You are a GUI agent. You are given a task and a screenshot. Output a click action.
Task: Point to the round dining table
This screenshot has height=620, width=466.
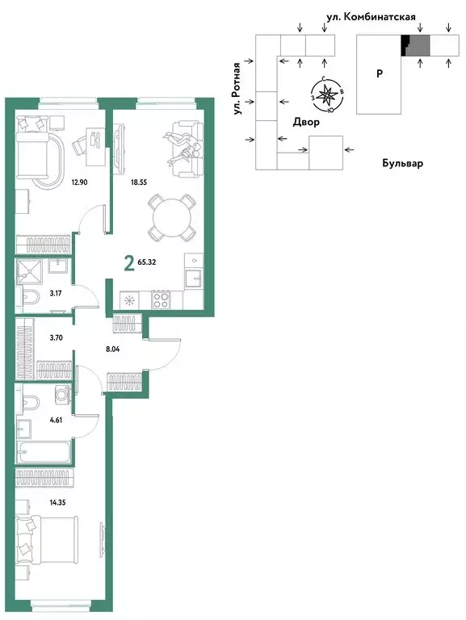click(170, 217)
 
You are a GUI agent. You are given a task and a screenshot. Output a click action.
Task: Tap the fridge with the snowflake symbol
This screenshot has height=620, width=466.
click(128, 300)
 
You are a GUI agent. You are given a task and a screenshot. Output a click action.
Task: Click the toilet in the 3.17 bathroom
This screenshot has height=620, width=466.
click(26, 300)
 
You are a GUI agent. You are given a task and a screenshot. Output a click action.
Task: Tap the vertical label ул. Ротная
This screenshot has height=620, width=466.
click(237, 90)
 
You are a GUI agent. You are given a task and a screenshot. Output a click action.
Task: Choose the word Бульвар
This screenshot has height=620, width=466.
click(402, 163)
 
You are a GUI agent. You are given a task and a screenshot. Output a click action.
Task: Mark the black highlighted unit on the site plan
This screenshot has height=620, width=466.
click(405, 45)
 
